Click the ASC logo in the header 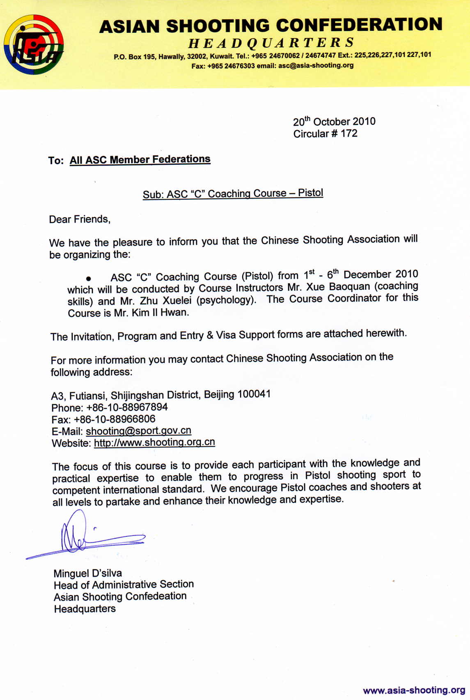[x=34, y=44]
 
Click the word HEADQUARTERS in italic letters [x=271, y=42]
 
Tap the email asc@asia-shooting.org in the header [x=316, y=65]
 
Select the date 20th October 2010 [x=334, y=122]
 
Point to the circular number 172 [x=349, y=134]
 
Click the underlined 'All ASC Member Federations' [x=140, y=159]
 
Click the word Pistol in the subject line [x=310, y=193]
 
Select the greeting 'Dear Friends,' [x=80, y=219]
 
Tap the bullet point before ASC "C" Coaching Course [x=88, y=279]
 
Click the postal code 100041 [x=254, y=394]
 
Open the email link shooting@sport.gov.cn [x=138, y=431]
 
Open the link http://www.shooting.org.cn [x=154, y=442]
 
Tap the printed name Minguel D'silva [x=88, y=573]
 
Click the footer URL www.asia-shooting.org [x=414, y=690]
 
